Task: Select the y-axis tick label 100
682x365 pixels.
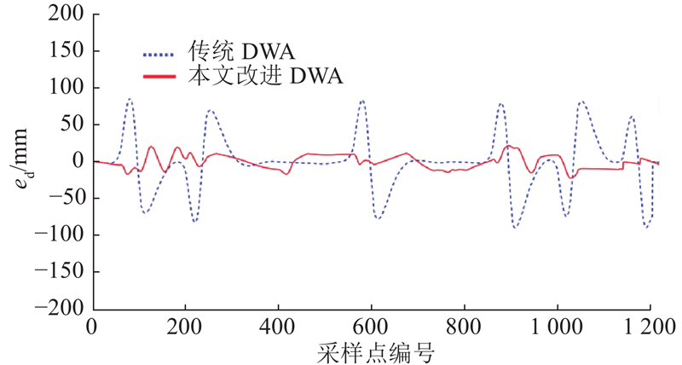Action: [x=66, y=88]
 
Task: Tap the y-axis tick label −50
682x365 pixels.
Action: [x=64, y=198]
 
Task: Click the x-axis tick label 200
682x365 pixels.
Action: [x=185, y=327]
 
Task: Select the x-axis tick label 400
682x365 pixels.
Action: [x=278, y=327]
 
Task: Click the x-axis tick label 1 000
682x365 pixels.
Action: [x=556, y=327]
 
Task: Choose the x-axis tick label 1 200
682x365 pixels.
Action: [x=650, y=327]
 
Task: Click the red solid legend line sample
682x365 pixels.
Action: [x=160, y=78]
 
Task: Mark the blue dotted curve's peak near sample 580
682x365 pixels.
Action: [x=362, y=100]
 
